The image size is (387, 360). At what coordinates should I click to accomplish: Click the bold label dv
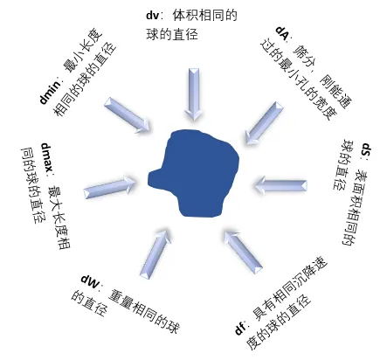click(x=152, y=15)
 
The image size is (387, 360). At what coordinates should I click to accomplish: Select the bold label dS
click(x=366, y=150)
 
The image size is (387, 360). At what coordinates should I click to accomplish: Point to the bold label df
click(x=240, y=329)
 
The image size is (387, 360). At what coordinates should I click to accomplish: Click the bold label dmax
click(x=47, y=157)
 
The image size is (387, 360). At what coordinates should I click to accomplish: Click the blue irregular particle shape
click(x=194, y=173)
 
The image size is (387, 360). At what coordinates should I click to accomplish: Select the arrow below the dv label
click(x=194, y=94)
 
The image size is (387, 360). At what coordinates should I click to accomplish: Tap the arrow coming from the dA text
click(x=264, y=122)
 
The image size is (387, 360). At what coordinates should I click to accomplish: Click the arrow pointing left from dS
click(x=280, y=184)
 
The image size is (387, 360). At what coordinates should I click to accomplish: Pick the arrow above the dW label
click(x=155, y=254)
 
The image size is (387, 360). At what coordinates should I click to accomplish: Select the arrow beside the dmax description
click(x=110, y=186)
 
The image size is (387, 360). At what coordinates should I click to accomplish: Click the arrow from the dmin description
click(x=128, y=115)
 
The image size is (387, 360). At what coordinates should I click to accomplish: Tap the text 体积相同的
click(x=205, y=15)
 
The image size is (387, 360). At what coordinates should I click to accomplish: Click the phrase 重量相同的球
click(x=143, y=311)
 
